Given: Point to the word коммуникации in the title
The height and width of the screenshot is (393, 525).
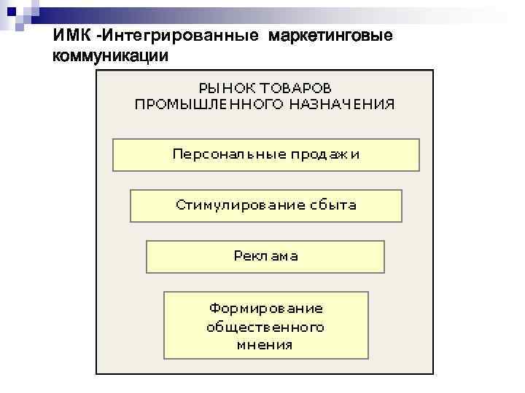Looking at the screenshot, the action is (x=110, y=55).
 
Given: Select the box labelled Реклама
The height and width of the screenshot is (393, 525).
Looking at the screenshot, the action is (x=265, y=256).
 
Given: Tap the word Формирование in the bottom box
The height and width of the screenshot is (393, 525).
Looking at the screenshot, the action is (x=265, y=309).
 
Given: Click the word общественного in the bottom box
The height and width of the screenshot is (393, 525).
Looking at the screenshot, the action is (x=265, y=327).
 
